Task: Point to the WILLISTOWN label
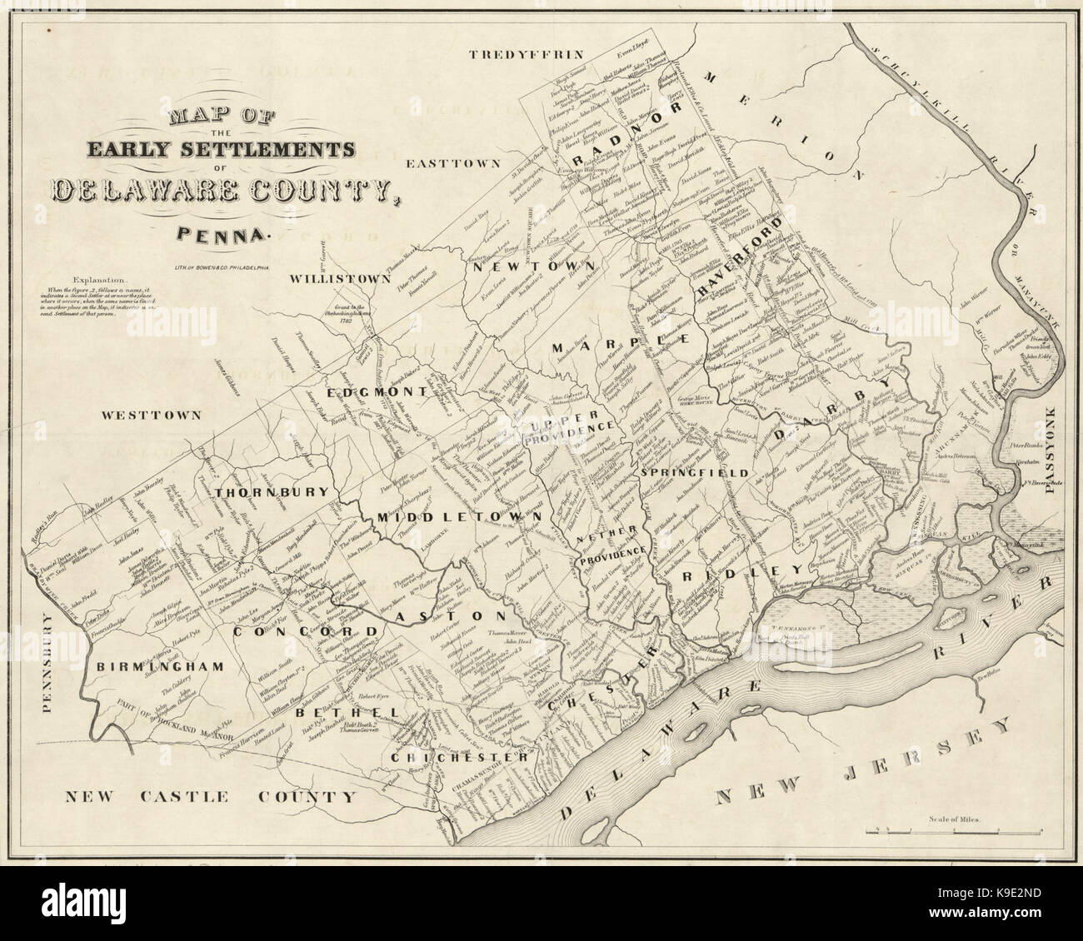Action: coord(340,279)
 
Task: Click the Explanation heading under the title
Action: coord(100,280)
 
